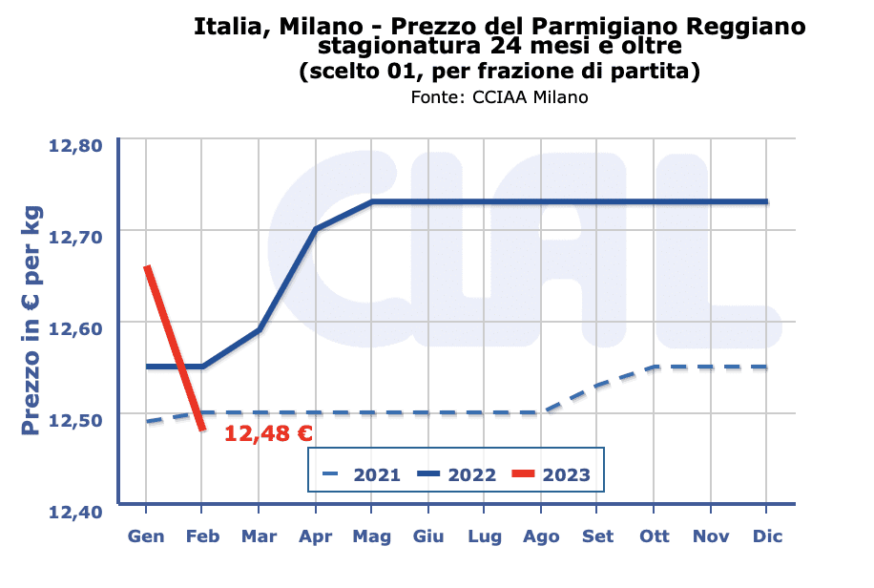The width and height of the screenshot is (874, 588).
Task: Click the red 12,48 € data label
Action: pyautogui.click(x=268, y=434)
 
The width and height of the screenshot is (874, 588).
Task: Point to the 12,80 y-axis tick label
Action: pyautogui.click(x=75, y=146)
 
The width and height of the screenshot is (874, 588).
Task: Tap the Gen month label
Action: pyautogui.click(x=146, y=536)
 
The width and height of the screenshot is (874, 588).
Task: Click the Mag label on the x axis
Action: pyautogui.click(x=372, y=536)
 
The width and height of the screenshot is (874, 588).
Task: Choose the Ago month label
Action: pyautogui.click(x=541, y=536)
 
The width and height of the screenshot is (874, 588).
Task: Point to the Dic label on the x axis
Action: pyautogui.click(x=767, y=536)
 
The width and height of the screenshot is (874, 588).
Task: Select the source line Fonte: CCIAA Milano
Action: pyautogui.click(x=499, y=97)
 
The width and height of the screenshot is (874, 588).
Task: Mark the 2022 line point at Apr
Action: pyautogui.click(x=316, y=229)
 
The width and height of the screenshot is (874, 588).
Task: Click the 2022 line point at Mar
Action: pyautogui.click(x=260, y=329)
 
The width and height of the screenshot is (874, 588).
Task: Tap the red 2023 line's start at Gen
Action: pyautogui.click(x=146, y=268)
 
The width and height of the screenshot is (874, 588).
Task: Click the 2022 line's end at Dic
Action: pyautogui.click(x=766, y=201)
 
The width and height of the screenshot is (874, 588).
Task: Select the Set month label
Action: pyautogui.click(x=598, y=536)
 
